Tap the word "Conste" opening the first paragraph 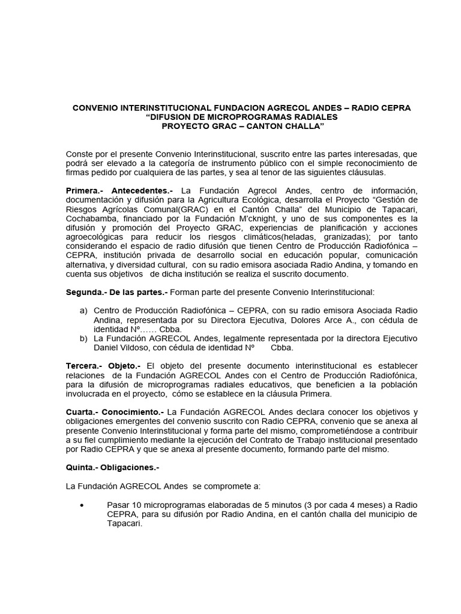pos(79,155)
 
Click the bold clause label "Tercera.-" pos(85,366)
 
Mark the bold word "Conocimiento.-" pos(135,412)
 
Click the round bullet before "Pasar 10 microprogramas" pos(82,504)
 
